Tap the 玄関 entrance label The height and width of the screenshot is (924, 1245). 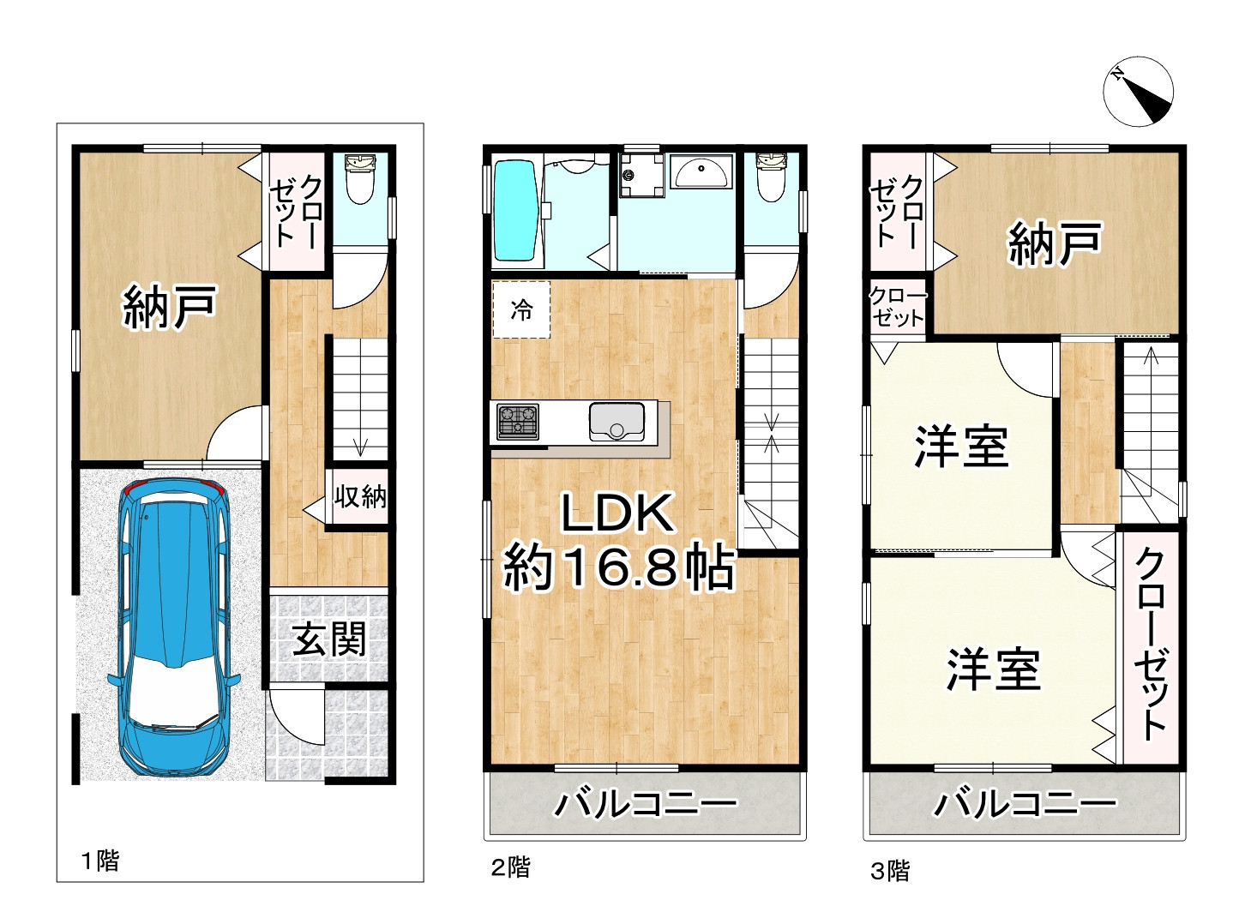point(328,639)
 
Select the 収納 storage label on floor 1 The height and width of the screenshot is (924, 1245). point(360,496)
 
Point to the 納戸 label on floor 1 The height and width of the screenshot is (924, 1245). point(170,307)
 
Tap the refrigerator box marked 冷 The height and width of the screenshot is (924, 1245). point(521,309)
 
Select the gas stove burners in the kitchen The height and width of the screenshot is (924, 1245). point(518,421)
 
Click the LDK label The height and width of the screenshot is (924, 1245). point(616,514)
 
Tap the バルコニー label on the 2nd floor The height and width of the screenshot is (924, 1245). point(646,805)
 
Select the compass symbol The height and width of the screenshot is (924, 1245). point(1138,92)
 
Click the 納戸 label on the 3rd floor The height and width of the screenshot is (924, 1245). point(1054,243)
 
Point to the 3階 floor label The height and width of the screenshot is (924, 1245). point(890,872)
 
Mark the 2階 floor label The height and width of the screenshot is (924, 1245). point(510,867)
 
